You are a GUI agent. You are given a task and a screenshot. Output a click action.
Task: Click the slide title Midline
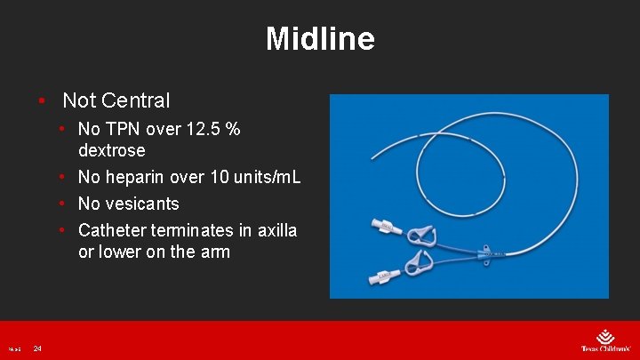(320, 39)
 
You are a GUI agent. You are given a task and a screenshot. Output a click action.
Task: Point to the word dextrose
(112, 150)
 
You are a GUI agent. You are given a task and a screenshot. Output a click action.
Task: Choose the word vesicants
(142, 204)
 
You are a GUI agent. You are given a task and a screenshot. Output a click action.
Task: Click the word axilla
(276, 230)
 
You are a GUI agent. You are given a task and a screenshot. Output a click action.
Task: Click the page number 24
(37, 348)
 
